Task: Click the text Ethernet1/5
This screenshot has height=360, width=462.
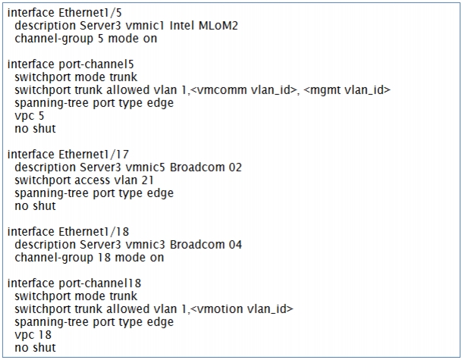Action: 90,13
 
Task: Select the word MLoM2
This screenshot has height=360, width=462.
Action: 218,26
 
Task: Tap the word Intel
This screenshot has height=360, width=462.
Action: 182,26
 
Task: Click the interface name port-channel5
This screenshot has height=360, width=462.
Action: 96,64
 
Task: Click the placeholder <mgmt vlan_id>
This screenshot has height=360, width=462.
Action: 347,90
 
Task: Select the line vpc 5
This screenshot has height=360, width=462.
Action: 29,116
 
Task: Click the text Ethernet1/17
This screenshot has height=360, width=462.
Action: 94,155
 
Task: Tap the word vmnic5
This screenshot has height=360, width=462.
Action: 145,167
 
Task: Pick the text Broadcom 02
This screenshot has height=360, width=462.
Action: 206,167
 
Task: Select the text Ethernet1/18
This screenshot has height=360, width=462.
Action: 94,232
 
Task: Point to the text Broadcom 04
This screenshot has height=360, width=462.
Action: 206,245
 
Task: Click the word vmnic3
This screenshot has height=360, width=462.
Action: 145,245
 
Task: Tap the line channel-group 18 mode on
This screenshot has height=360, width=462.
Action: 90,258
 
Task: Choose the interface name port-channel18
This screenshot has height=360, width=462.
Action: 100,283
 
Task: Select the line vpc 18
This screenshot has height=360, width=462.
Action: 33,335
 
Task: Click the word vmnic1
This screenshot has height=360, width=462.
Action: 145,26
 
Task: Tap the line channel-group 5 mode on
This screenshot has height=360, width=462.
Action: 86,39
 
